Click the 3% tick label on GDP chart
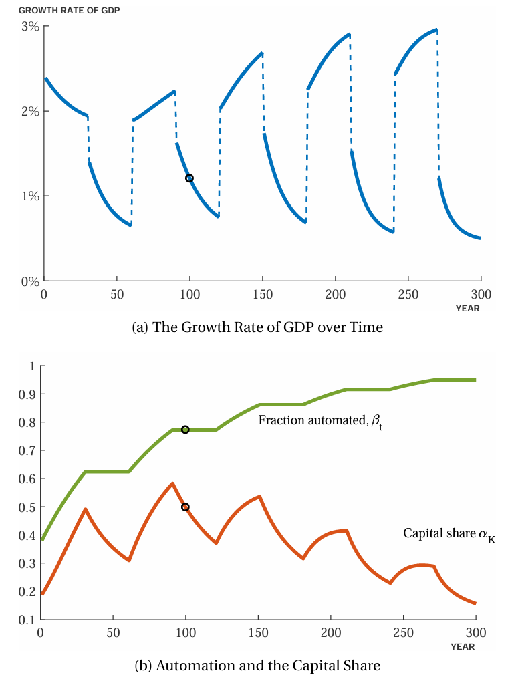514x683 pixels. pyautogui.click(x=29, y=27)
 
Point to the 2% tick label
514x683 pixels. pyautogui.click(x=29, y=111)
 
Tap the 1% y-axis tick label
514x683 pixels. pyautogui.click(x=29, y=196)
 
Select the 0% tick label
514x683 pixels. pyautogui.click(x=29, y=281)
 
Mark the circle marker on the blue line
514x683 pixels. pyautogui.click(x=189, y=178)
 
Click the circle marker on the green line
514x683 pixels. pyautogui.click(x=185, y=430)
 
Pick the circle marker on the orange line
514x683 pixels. pyautogui.click(x=185, y=507)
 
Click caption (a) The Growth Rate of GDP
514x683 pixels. pyautogui.click(x=258, y=327)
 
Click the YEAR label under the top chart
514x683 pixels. pyautogui.click(x=467, y=309)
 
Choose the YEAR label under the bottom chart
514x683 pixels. pyautogui.click(x=463, y=647)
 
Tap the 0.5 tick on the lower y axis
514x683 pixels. pyautogui.click(x=28, y=507)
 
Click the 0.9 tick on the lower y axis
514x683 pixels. pyautogui.click(x=28, y=394)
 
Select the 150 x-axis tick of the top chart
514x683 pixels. pyautogui.click(x=263, y=295)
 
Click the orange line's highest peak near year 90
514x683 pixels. pyautogui.click(x=172, y=483)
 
